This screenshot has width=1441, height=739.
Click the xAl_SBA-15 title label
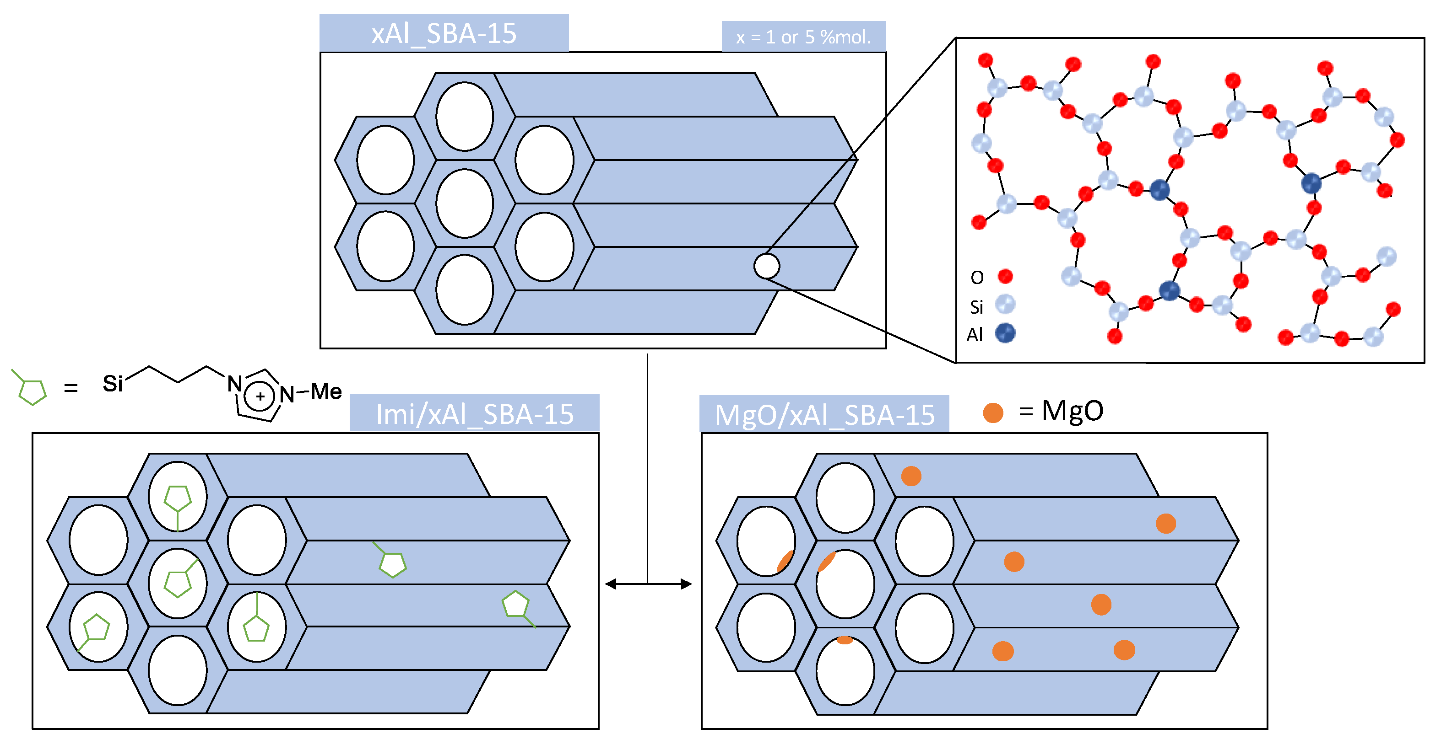click(444, 33)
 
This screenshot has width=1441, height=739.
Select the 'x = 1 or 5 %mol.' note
click(803, 37)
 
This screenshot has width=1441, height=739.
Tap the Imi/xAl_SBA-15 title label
click(474, 414)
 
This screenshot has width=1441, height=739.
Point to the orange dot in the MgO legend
click(993, 412)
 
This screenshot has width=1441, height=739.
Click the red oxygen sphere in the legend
click(1005, 276)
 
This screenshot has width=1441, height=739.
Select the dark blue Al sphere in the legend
click(1005, 333)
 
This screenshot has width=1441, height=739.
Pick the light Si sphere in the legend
click(1005, 305)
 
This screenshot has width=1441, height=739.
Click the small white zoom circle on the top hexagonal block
click(766, 266)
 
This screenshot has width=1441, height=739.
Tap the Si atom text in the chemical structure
click(113, 384)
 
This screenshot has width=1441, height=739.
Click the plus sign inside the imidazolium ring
click(260, 396)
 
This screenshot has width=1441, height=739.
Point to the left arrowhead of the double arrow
click(611, 584)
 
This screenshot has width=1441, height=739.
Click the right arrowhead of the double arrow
click(686, 584)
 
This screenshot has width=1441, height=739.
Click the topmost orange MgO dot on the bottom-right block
click(911, 476)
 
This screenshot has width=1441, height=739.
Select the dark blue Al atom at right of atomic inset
click(1311, 183)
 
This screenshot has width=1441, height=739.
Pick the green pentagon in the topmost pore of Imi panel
click(178, 498)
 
